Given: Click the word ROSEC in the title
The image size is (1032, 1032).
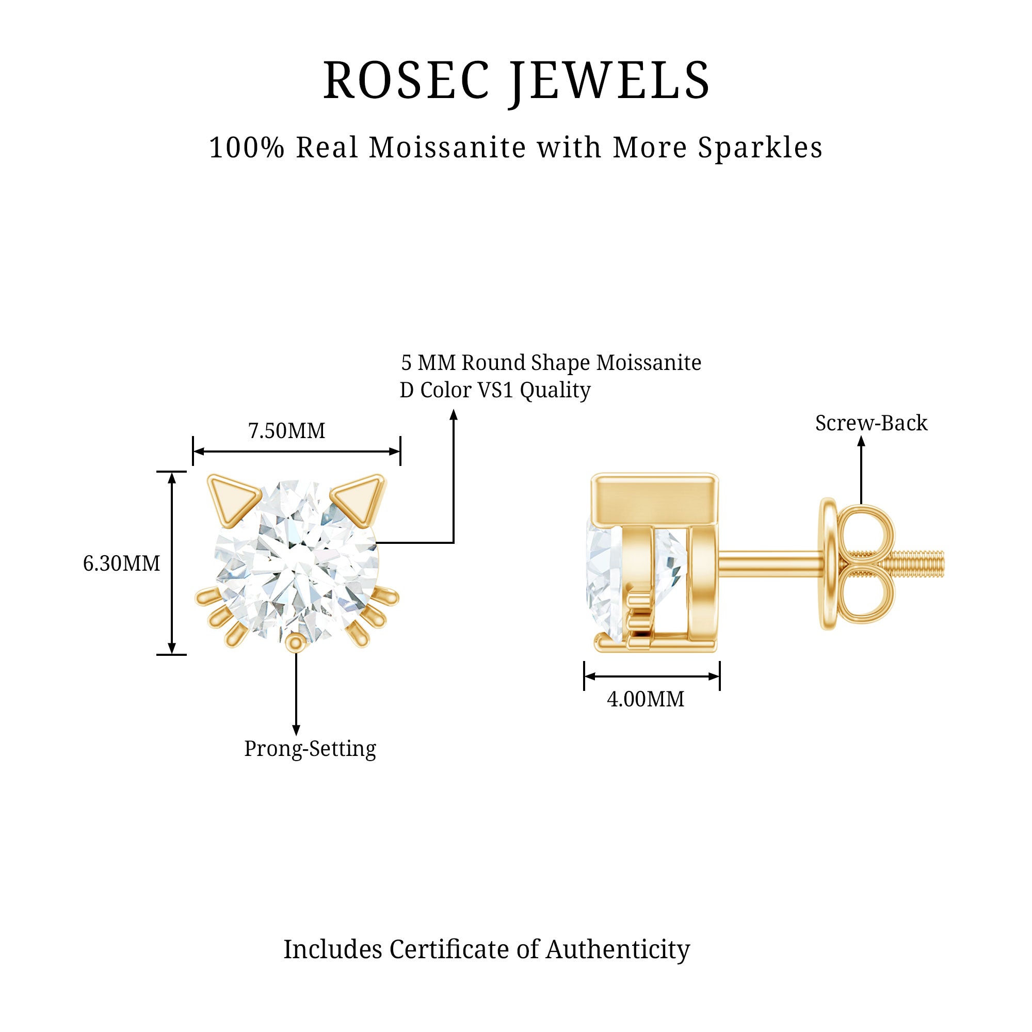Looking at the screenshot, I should (x=406, y=80).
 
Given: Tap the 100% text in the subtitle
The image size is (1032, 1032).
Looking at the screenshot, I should (x=246, y=148).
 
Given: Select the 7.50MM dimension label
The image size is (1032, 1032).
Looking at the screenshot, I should (x=286, y=431).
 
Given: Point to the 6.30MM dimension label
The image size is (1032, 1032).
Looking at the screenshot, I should (x=121, y=563).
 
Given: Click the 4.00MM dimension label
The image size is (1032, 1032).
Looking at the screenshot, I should (x=646, y=699).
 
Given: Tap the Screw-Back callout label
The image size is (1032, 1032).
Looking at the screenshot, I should (x=871, y=423).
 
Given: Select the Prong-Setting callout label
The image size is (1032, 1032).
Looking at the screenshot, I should (x=310, y=749).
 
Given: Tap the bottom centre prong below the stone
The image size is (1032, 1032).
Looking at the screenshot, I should (x=295, y=642).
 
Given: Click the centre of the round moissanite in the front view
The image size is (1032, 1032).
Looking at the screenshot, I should (x=297, y=561).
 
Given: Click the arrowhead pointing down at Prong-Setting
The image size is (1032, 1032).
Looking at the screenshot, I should (x=296, y=730).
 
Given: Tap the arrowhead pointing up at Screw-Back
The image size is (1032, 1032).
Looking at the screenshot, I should (x=861, y=442).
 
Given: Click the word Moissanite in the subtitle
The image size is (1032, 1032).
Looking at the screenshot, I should (x=447, y=148).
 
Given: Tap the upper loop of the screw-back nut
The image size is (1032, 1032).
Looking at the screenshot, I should (x=867, y=532).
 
